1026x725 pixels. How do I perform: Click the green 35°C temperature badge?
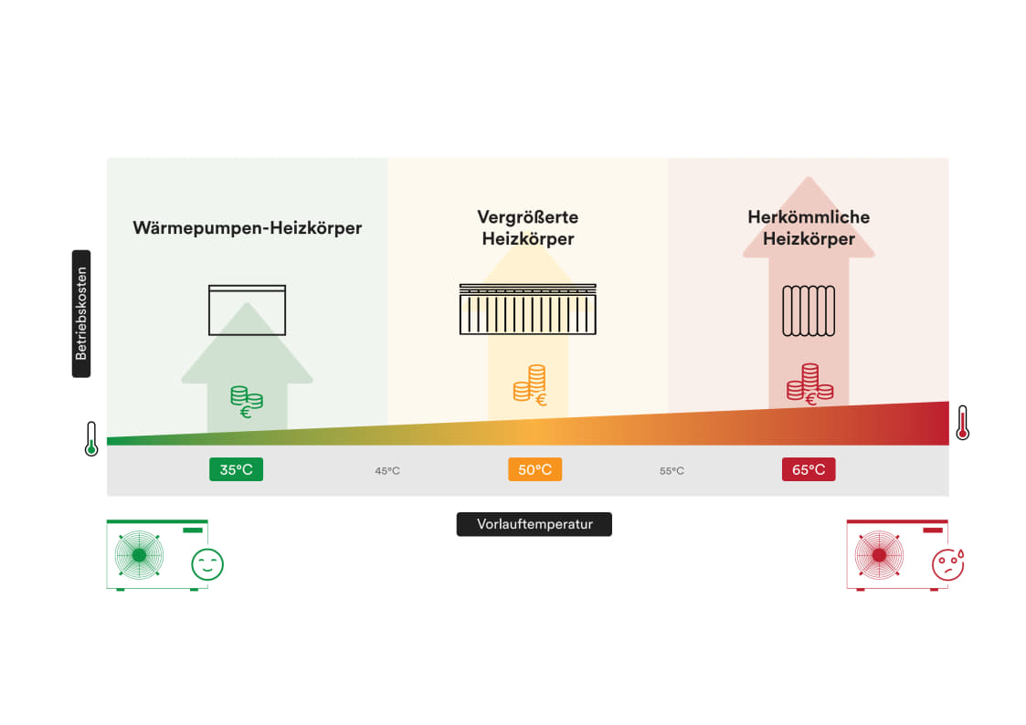tap(236, 469)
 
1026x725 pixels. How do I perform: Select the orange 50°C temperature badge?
tap(534, 469)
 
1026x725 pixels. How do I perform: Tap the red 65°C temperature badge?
tap(809, 469)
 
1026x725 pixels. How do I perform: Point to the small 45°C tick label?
tap(387, 471)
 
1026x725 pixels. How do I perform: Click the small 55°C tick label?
tap(672, 471)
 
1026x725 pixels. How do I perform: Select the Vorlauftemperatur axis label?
tap(534, 524)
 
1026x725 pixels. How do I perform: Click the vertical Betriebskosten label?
tap(81, 313)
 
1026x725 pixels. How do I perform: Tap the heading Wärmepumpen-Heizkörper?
tap(248, 227)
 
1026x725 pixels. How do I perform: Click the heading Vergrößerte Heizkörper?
tap(528, 227)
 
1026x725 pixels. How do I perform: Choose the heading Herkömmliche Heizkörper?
tap(809, 227)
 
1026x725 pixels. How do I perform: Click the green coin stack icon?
tap(246, 401)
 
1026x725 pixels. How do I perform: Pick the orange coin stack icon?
tap(530, 384)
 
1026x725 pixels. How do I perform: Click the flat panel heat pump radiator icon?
tap(247, 310)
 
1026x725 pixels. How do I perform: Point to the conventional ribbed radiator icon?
tap(809, 311)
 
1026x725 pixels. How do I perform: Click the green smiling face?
tap(207, 564)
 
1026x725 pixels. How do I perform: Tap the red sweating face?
tap(948, 563)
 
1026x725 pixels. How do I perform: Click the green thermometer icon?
tap(91, 438)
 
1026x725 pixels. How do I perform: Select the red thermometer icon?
tap(962, 423)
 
